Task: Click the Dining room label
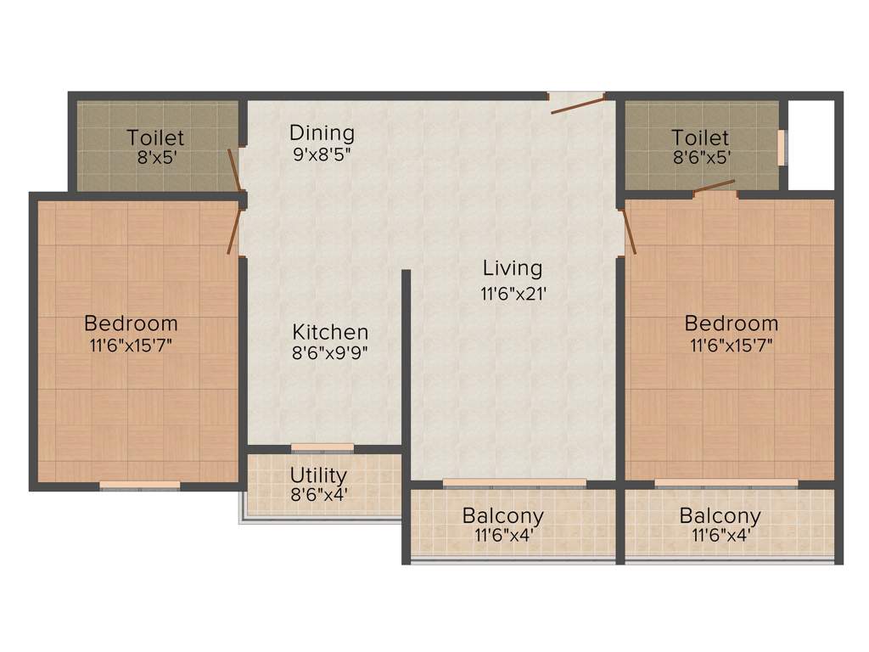coord(322,132)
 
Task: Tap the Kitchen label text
coord(330,332)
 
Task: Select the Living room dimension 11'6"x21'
coord(512,294)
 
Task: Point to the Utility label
coord(318,475)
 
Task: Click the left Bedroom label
coord(131,323)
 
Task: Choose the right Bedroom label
coord(731,323)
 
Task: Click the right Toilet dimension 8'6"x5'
coord(700,157)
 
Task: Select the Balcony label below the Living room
coord(502,515)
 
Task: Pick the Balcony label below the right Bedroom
coord(720,515)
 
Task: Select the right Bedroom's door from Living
coord(629,233)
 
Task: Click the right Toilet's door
coord(715,187)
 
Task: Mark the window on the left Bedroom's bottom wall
coord(140,486)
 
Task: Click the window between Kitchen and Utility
coord(322,447)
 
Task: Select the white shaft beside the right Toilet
coord(811,144)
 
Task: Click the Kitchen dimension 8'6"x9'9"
coord(330,353)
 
